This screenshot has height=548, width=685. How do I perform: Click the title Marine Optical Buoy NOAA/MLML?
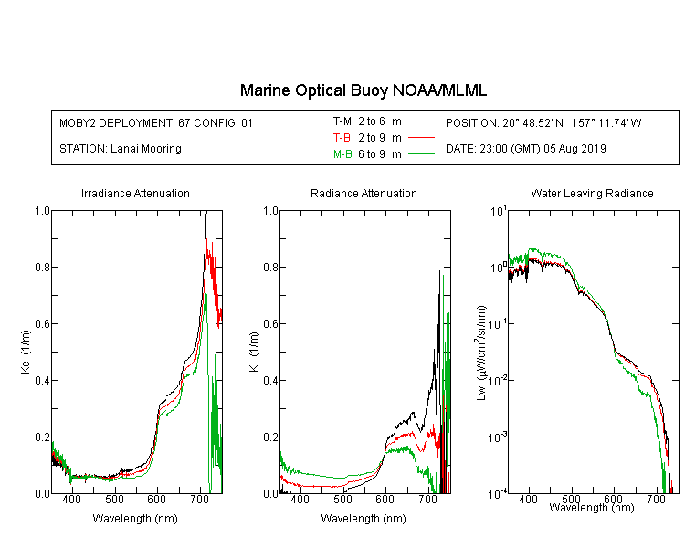(x=363, y=90)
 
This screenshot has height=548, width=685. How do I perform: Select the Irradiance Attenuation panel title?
(x=135, y=193)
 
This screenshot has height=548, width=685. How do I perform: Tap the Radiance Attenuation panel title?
(x=364, y=193)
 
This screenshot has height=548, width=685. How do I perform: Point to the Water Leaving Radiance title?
(x=592, y=193)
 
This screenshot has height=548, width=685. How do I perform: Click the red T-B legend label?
(x=342, y=138)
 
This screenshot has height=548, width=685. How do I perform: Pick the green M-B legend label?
(x=342, y=153)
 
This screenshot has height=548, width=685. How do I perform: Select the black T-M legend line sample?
(x=421, y=121)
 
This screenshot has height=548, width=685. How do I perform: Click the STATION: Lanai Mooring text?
(x=121, y=149)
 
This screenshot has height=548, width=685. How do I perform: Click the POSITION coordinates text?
(x=543, y=122)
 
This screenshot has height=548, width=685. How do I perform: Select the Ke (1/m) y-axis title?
(x=26, y=352)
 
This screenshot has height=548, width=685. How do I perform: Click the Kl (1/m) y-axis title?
(x=254, y=352)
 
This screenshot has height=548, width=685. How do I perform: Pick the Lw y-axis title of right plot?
(x=481, y=353)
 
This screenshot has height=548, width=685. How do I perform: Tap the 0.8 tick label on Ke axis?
(x=42, y=267)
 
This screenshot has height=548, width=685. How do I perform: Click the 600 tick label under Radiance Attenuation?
(x=385, y=499)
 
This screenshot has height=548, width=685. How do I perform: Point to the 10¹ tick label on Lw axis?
(x=499, y=211)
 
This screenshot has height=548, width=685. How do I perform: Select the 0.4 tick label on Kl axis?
(x=271, y=380)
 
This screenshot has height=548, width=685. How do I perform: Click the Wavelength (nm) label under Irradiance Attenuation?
(x=135, y=519)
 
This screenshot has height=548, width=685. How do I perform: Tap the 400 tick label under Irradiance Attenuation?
(x=71, y=499)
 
